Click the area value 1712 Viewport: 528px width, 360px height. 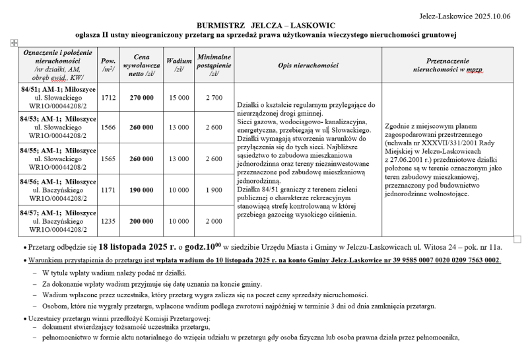[x=109, y=98]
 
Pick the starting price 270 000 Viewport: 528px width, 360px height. [x=142, y=98]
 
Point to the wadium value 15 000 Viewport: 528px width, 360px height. [x=179, y=98]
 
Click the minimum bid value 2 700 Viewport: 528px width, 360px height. [x=214, y=98]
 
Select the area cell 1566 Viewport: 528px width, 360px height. [x=109, y=127]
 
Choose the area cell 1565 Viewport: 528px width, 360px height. [x=109, y=159]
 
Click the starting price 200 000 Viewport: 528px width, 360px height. [x=142, y=221]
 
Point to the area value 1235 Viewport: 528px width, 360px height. [x=109, y=221]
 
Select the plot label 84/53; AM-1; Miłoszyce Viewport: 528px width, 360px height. [x=59, y=118]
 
